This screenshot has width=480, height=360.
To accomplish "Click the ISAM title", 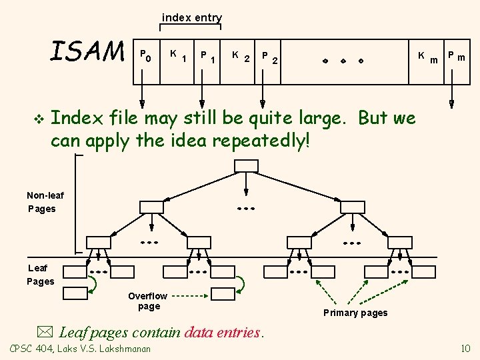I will pyautogui.click(x=87, y=51).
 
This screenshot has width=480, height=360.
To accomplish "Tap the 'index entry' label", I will pyautogui.click(x=192, y=18).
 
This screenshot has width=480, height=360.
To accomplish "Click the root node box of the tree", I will pyautogui.click(x=245, y=165).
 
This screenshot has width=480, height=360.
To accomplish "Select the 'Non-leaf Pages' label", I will pyautogui.click(x=41, y=201).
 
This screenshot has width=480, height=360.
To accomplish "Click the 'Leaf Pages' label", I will pyautogui.click(x=40, y=274).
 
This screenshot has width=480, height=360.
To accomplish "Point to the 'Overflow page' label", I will pyautogui.click(x=148, y=301).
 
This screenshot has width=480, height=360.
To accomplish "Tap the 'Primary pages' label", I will pyautogui.click(x=355, y=313).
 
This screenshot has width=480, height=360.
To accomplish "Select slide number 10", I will pyautogui.click(x=465, y=348).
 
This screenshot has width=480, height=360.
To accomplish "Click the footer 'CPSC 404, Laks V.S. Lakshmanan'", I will pyautogui.click(x=80, y=349).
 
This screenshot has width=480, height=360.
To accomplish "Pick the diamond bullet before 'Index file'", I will pyautogui.click(x=38, y=119).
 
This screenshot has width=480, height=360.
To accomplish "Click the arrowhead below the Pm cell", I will pyautogui.click(x=451, y=104).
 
